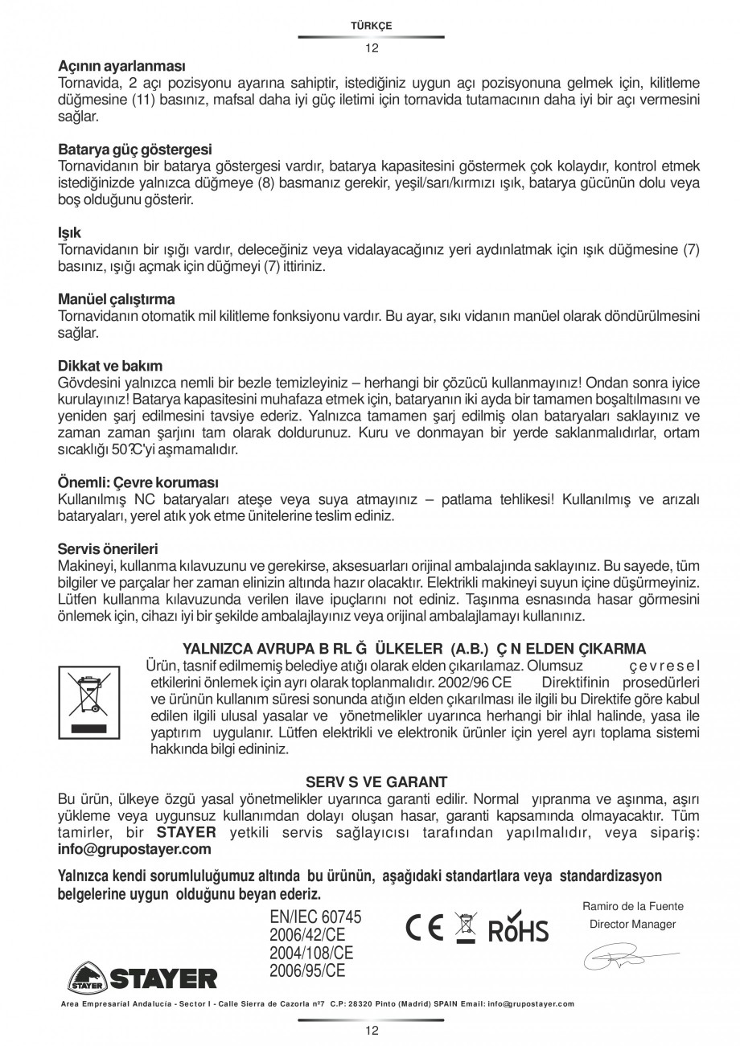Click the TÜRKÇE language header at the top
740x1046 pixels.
click(371, 26)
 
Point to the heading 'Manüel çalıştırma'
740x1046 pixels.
click(117, 299)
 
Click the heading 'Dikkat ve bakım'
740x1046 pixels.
click(110, 366)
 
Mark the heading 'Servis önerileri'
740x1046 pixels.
click(108, 549)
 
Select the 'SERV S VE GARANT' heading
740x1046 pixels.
click(376, 781)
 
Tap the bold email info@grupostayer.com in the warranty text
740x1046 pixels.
click(134, 849)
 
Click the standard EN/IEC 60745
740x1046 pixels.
click(315, 917)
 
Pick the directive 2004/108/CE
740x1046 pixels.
click(311, 953)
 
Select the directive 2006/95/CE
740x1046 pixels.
click(307, 970)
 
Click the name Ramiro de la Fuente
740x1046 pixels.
click(632, 906)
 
